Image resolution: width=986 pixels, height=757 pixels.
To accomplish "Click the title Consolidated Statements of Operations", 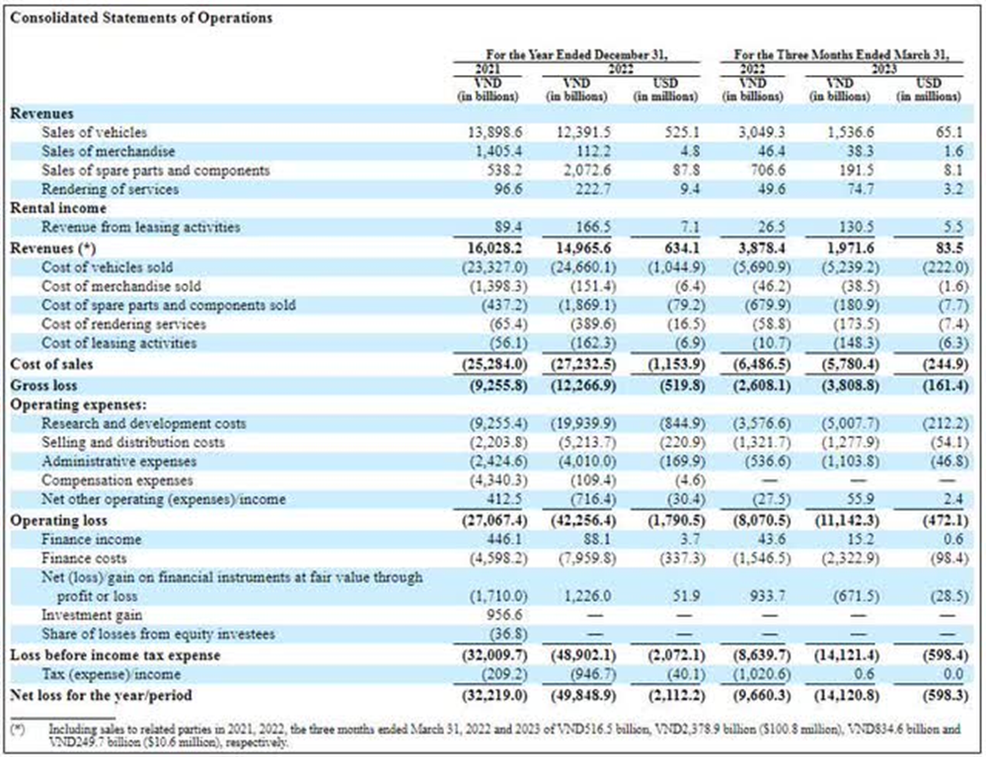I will [141, 18].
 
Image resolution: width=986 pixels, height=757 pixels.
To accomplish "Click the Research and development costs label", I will [143, 423].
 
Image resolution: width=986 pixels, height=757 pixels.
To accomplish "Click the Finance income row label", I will [92, 540].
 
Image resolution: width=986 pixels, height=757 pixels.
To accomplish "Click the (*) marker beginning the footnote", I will [18, 726].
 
